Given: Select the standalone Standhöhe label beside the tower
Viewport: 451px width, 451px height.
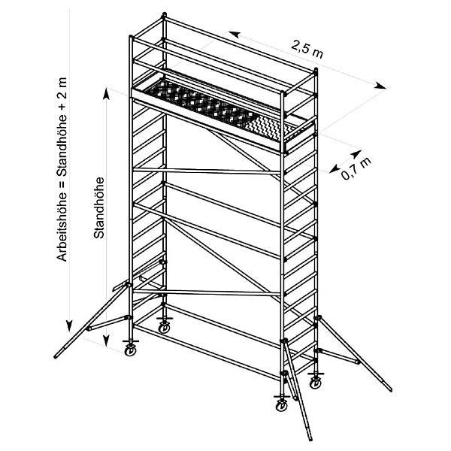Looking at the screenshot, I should (98, 207).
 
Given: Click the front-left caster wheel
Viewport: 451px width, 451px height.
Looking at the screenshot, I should (132, 348).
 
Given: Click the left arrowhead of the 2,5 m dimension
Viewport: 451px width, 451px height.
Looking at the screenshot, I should (234, 34).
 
